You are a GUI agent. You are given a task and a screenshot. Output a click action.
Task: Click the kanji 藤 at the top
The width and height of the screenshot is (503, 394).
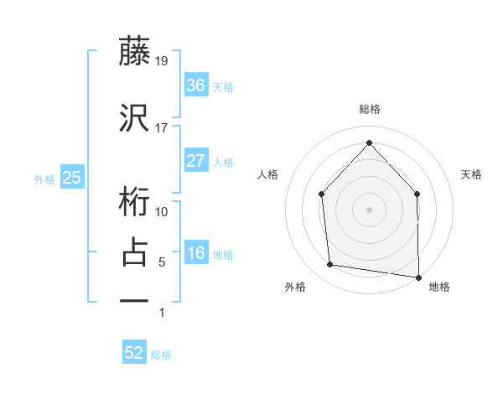click(134, 52)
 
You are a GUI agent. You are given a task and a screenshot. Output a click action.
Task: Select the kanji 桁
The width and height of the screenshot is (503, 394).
click(134, 201)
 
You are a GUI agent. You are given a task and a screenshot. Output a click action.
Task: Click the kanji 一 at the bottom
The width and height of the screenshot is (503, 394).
click(134, 299)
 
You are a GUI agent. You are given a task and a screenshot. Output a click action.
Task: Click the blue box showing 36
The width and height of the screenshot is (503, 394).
click(195, 85)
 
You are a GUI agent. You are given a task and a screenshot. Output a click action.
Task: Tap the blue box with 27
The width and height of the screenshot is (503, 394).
click(195, 161)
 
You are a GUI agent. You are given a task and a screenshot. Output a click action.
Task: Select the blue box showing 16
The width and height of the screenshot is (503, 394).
click(195, 253)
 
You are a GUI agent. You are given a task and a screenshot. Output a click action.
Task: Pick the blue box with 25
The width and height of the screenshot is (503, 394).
click(71, 177)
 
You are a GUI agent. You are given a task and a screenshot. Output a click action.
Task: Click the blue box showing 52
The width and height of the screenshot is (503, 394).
click(134, 353)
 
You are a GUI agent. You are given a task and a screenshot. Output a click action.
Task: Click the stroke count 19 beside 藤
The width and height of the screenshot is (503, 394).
click(162, 60)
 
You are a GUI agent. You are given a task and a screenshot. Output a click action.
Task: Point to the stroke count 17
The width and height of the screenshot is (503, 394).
click(162, 128)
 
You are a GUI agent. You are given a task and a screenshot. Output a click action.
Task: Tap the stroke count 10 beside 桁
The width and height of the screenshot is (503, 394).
click(162, 211)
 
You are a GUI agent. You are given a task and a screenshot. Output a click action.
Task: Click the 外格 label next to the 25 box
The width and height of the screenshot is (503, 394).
click(44, 179)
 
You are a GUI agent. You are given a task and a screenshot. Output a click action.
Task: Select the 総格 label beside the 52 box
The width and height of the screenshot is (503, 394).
click(161, 355)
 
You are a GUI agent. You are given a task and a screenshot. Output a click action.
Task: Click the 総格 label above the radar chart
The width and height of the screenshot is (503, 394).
click(369, 109)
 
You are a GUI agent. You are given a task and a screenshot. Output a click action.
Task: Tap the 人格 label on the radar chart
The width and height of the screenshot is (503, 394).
click(267, 174)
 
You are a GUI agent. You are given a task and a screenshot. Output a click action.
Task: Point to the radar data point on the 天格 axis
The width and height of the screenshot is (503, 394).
click(417, 194)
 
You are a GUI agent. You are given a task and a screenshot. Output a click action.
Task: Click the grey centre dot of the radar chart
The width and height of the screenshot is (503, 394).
click(369, 209)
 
